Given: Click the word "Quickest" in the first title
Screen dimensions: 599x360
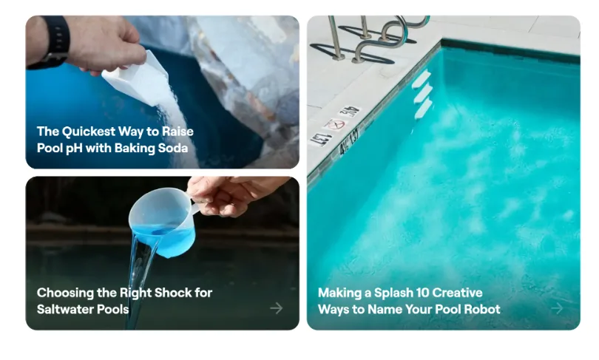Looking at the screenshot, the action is pyautogui.click(x=88, y=132).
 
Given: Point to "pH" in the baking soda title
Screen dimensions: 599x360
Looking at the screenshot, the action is pyautogui.click(x=74, y=149).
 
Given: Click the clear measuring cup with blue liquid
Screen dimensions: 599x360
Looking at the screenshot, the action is pyautogui.click(x=163, y=222).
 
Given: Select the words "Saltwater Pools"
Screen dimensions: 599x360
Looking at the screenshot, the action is pyautogui.click(x=83, y=309).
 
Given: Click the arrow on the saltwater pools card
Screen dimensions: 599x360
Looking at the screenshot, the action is pyautogui.click(x=276, y=308).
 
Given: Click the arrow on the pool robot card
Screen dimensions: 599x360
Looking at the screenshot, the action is pyautogui.click(x=557, y=308).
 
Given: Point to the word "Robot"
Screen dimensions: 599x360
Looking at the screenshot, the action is pyautogui.click(x=482, y=309).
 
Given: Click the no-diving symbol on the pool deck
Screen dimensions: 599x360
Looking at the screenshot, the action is pyautogui.click(x=335, y=124).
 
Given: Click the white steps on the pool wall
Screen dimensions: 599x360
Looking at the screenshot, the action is pyautogui.click(x=422, y=94).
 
